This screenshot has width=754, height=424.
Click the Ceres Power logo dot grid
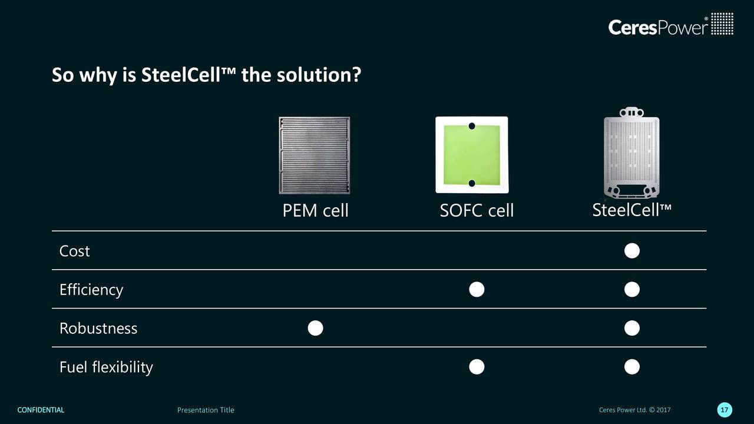[x=722, y=24]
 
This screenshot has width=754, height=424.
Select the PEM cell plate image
[x=315, y=155]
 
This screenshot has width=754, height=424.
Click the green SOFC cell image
[x=472, y=155]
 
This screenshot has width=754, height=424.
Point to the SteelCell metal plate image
[x=631, y=153]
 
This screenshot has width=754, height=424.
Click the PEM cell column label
[x=315, y=211]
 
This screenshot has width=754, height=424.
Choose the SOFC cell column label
[x=477, y=211]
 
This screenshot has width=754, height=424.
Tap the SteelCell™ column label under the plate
[x=632, y=210]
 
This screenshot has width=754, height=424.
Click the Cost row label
[x=74, y=251]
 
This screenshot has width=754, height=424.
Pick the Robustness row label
[x=98, y=329]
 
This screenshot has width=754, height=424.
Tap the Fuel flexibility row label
[x=106, y=367]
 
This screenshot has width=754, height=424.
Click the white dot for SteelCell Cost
[x=632, y=251]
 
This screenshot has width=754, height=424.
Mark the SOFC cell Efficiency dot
[x=477, y=289]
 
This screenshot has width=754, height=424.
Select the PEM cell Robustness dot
[x=315, y=328]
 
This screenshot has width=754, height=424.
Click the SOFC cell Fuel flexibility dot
[x=477, y=367]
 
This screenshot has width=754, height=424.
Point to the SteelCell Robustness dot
[x=632, y=328]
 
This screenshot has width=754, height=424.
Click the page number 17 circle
[x=725, y=410]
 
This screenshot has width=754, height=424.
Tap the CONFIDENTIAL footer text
[x=41, y=410]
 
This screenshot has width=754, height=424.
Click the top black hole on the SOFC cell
[x=472, y=126]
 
